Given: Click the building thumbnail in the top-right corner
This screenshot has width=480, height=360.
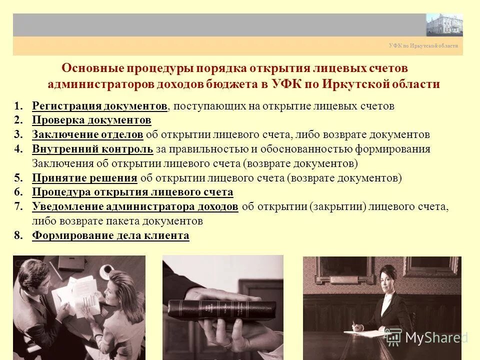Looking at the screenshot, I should (444, 24).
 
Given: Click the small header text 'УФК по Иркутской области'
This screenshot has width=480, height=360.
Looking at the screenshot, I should (423, 45).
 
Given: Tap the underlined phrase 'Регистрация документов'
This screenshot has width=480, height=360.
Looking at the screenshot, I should (99, 106).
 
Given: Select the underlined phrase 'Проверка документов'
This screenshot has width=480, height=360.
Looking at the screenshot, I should (91, 120).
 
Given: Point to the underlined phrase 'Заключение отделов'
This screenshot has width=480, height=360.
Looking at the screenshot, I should (87, 134).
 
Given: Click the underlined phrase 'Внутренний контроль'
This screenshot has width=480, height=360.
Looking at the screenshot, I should (92, 149).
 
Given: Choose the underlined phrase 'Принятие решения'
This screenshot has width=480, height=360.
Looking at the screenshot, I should (84, 177).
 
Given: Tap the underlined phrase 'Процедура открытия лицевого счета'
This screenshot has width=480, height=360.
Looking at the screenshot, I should (132, 192).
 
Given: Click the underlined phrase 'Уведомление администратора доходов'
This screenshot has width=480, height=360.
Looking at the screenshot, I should (135, 206).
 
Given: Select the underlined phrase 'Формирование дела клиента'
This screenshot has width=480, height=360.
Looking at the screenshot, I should (110, 235).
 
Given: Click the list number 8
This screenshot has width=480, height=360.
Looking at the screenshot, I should (18, 235).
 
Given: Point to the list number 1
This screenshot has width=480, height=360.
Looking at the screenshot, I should (18, 106).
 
